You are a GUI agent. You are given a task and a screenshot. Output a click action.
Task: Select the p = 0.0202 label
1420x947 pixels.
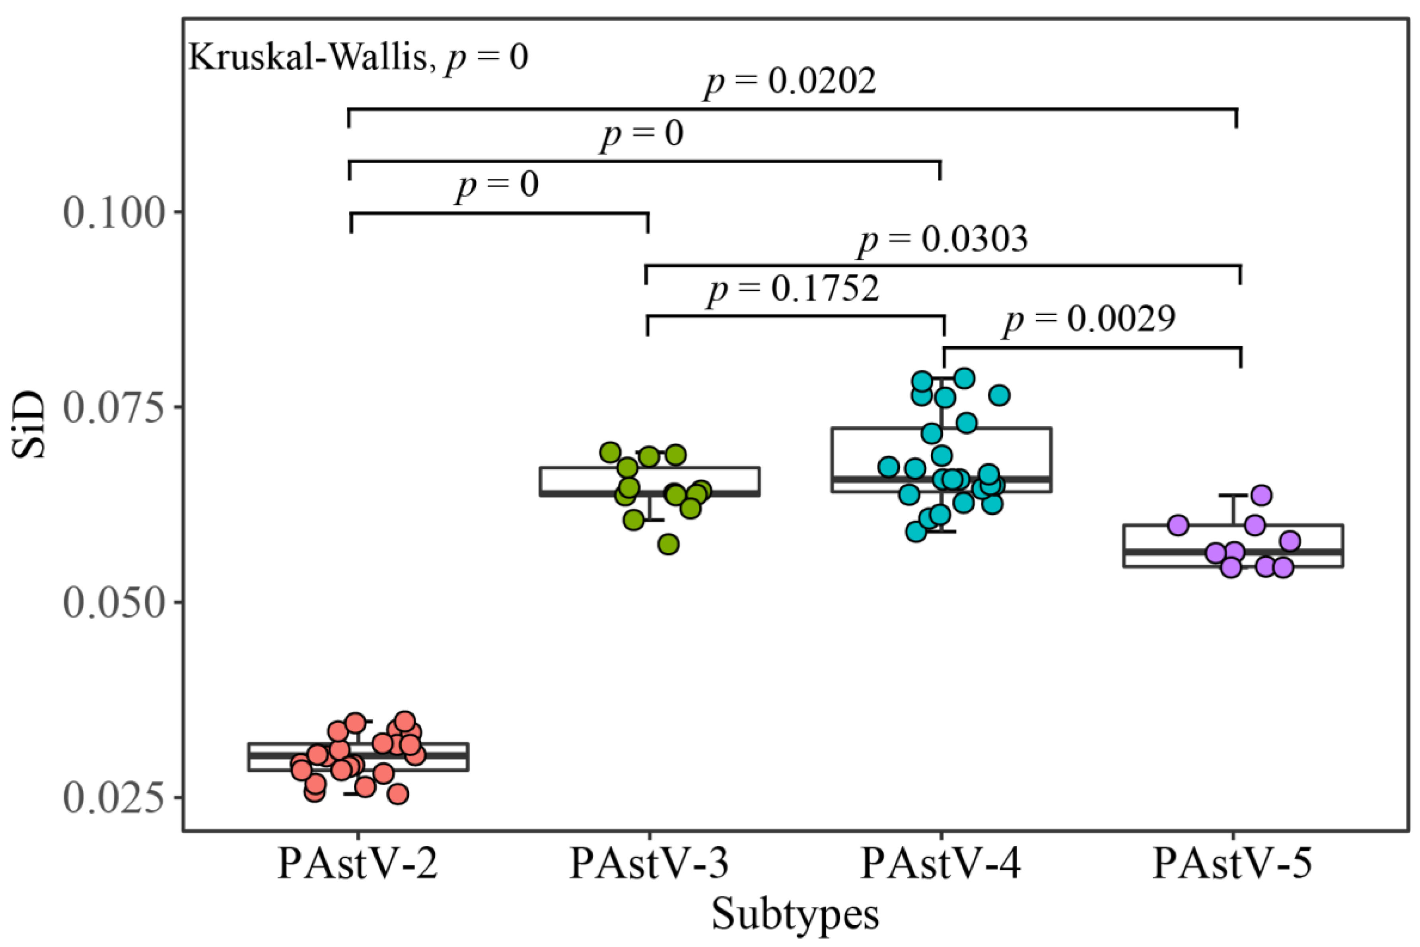(790, 82)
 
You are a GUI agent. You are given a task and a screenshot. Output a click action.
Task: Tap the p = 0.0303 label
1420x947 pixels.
(943, 240)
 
